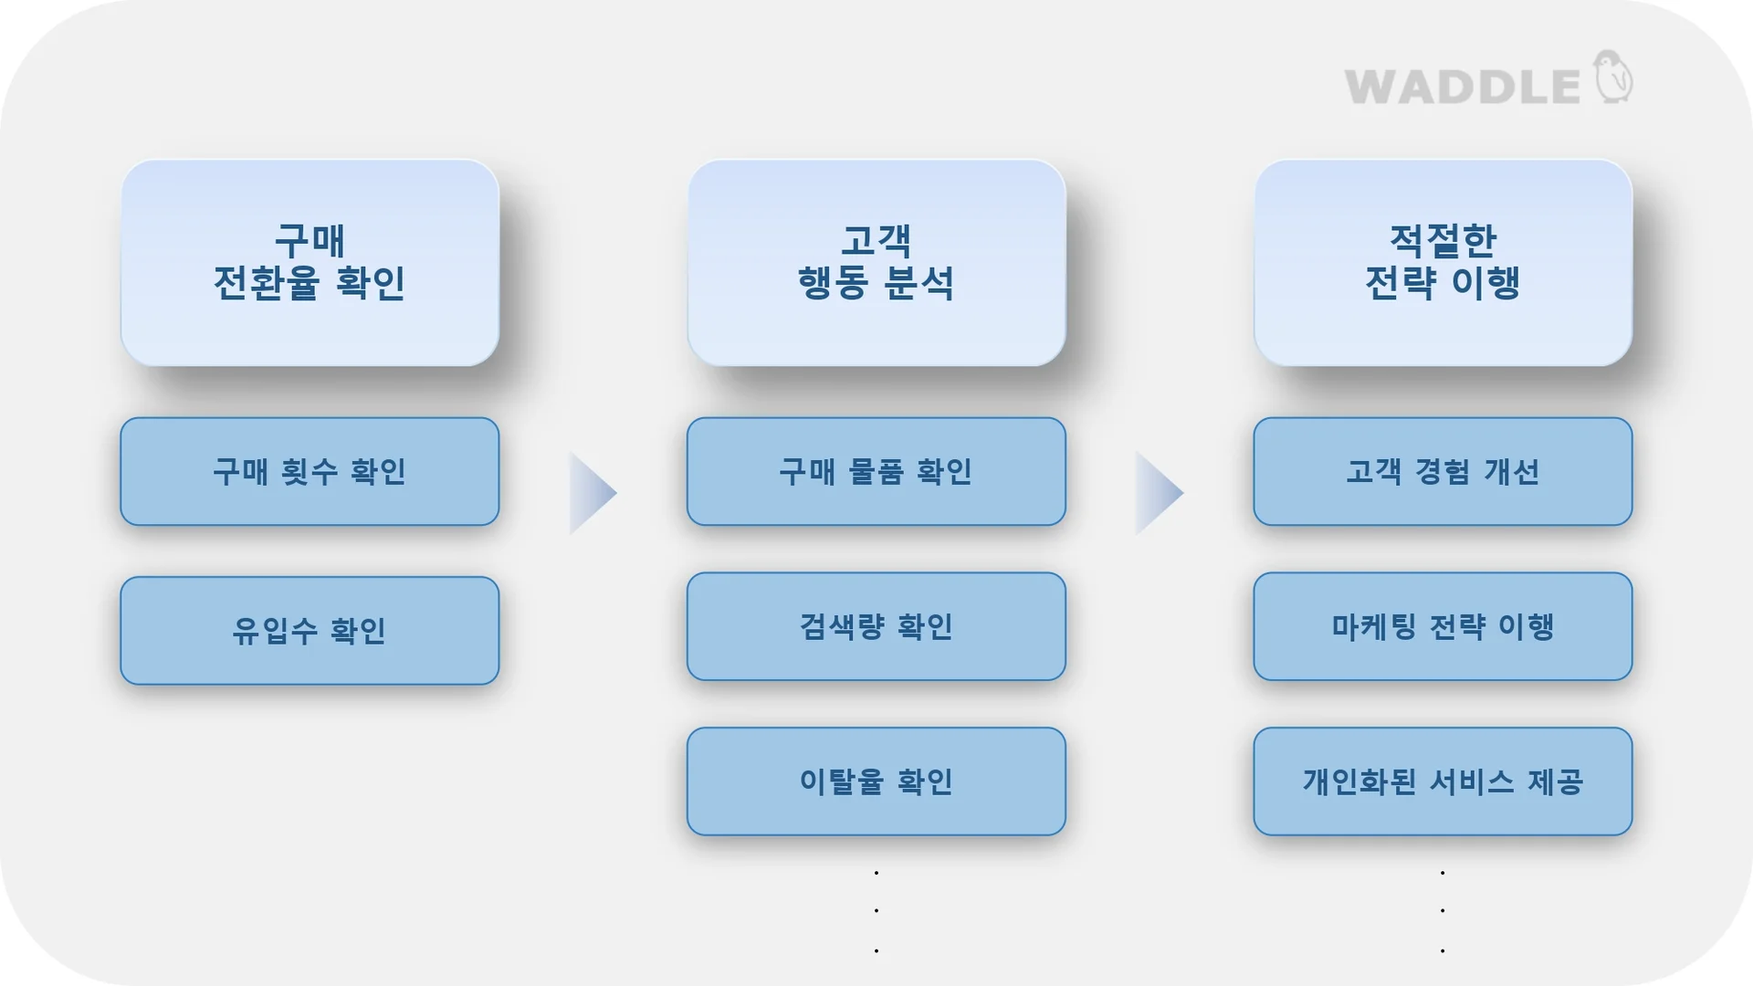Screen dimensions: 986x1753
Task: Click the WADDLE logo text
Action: click(x=1462, y=87)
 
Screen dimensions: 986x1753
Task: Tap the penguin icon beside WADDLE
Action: click(x=1613, y=78)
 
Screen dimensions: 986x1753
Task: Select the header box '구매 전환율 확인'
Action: click(x=310, y=263)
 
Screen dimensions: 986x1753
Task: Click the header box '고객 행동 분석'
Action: click(x=876, y=263)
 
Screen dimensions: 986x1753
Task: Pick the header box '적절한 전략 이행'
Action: click(x=1443, y=263)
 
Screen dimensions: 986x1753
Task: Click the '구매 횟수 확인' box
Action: click(x=310, y=472)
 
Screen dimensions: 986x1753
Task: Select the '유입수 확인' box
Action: click(x=310, y=631)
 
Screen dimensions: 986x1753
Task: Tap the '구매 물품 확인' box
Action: click(x=876, y=472)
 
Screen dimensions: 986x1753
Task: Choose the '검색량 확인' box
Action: click(x=876, y=626)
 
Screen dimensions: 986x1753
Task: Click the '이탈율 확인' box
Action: click(x=876, y=781)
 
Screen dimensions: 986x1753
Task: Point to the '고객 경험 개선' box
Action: click(x=1443, y=472)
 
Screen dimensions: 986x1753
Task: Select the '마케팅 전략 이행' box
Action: click(x=1443, y=626)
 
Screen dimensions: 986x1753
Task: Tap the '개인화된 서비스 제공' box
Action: click(x=1443, y=781)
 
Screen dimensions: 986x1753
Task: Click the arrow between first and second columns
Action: click(x=591, y=493)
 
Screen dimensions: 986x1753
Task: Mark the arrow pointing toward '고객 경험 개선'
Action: click(x=1157, y=493)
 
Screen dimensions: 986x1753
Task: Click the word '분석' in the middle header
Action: click(x=919, y=283)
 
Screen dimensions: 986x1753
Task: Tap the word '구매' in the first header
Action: click(x=310, y=241)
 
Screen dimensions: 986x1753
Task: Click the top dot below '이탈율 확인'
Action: click(x=876, y=873)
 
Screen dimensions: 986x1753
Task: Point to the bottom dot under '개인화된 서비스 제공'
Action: click(x=1443, y=951)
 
